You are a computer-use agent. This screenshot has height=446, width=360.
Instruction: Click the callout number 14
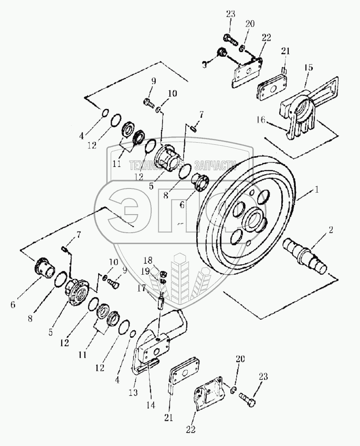[150, 406]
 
